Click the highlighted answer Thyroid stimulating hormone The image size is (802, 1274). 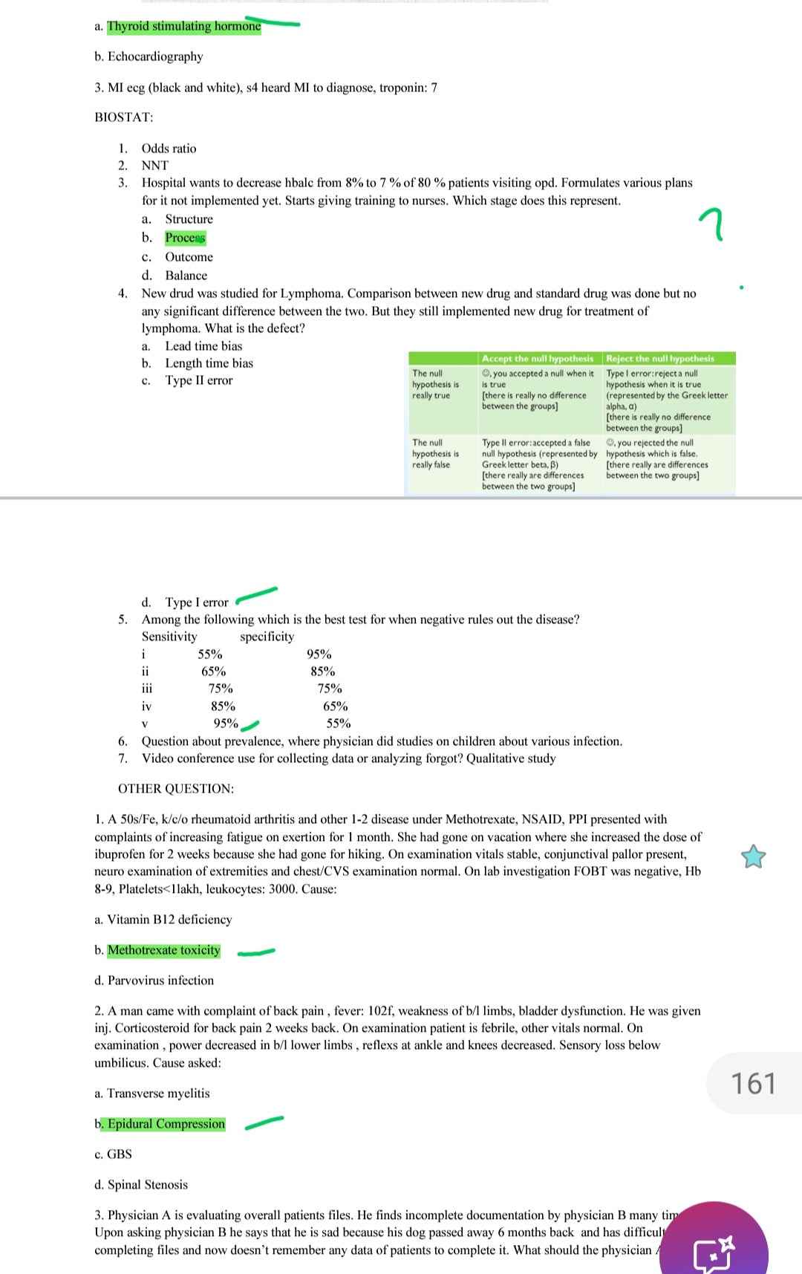pos(183,27)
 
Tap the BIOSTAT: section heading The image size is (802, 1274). pos(124,117)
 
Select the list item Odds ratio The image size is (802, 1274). pos(169,149)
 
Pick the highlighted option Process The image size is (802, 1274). pos(185,238)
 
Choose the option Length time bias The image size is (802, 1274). pos(209,363)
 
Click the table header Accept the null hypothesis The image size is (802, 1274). pos(537,359)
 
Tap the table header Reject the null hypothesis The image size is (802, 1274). pos(660,359)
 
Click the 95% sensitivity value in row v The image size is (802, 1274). pos(226,724)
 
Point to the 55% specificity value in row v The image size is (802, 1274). pos(339,724)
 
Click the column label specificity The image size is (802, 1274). pos(267,637)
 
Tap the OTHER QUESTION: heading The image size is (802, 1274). pos(176,789)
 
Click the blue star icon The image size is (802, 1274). pos(753,857)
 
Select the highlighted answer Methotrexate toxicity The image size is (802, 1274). pos(163,950)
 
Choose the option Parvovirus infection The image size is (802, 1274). pos(160,981)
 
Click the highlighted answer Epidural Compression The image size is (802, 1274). pos(166,1124)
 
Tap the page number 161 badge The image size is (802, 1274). pos(754,1083)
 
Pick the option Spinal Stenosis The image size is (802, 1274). pos(147,1185)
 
